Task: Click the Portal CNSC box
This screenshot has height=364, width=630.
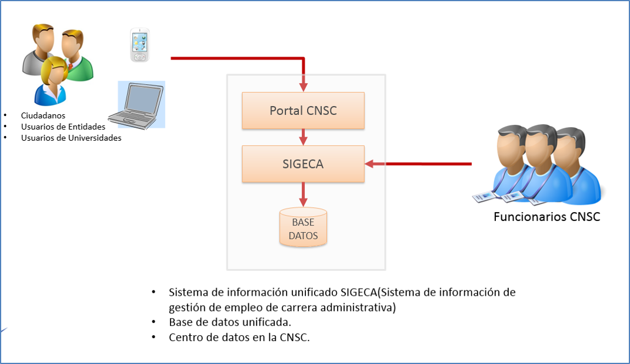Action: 303,110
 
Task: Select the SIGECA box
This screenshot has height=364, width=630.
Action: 303,164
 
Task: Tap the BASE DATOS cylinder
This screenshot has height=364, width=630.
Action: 304,228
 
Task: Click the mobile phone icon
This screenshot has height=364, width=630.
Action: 139,45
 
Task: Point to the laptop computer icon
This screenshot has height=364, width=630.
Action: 140,105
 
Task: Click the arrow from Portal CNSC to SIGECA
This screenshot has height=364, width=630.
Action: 304,137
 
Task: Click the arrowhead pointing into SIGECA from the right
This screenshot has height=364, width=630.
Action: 369,164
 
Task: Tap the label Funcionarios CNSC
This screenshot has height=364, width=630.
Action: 546,217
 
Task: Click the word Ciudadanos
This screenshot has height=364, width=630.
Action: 43,115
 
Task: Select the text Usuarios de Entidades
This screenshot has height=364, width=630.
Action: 63,127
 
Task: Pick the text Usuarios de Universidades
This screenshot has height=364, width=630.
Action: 71,138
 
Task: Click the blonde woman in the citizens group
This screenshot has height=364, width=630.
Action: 51,80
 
